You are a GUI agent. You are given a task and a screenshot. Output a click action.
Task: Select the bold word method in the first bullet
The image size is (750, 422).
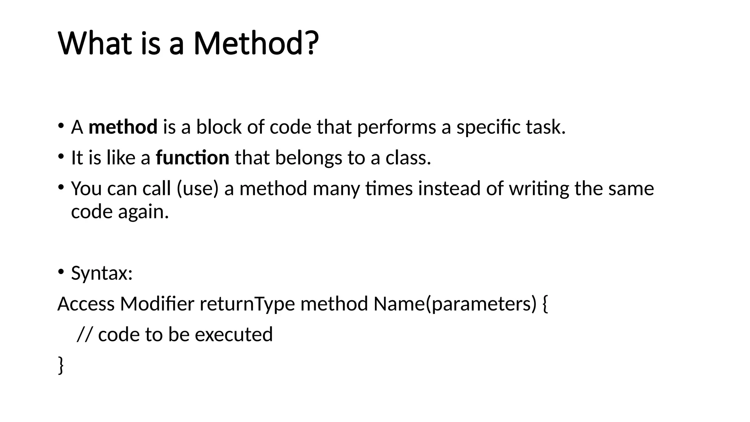click(123, 127)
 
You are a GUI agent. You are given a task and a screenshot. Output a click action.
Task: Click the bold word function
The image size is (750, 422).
click(193, 158)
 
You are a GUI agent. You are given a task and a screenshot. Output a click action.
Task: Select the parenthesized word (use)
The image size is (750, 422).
click(197, 189)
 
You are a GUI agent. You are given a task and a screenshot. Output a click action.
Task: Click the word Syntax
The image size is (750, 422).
click(101, 273)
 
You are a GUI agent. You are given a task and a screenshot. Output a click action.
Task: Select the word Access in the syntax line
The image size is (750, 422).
click(86, 304)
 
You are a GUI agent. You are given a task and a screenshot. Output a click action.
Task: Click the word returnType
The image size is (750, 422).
click(247, 304)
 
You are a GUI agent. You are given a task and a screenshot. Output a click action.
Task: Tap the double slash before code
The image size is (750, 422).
click(85, 335)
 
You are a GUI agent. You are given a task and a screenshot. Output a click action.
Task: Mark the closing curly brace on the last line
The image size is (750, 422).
click(61, 366)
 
